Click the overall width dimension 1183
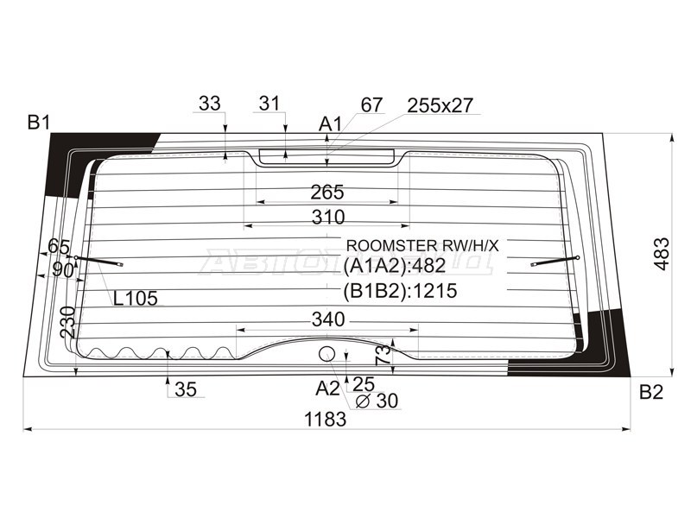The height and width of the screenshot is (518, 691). tap(326, 420)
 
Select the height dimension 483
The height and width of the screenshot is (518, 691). tap(662, 254)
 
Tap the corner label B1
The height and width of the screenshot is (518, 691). tap(39, 122)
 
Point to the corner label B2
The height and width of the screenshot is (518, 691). tap(651, 392)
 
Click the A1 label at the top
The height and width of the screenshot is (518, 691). tap(331, 124)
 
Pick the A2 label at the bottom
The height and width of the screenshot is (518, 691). tap(328, 388)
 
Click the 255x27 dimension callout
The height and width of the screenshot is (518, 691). tap(440, 105)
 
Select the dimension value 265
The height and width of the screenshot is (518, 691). tap(327, 192)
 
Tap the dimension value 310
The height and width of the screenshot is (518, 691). tap(328, 217)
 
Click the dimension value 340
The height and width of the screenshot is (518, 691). tap(328, 319)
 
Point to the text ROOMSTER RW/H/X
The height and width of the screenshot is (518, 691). tap(422, 246)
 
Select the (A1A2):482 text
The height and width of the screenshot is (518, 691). tap(395, 265)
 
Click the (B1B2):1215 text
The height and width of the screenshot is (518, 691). tap(400, 291)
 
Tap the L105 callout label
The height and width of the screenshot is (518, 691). tap(136, 299)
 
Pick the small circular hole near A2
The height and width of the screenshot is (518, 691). tap(326, 353)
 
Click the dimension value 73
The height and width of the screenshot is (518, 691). tap(384, 355)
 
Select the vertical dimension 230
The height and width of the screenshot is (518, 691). tap(67, 322)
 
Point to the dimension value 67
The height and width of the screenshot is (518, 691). tap(371, 104)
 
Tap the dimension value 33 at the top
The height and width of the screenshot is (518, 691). tap(209, 104)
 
